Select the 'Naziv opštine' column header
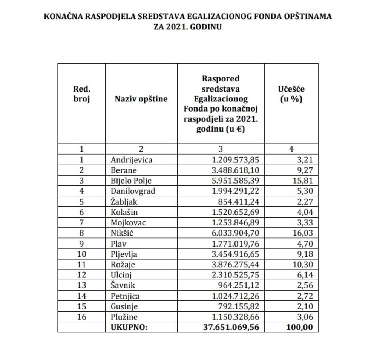point(141,99)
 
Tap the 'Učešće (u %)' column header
point(291,94)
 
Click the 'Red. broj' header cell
point(81,94)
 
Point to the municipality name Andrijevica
point(132,160)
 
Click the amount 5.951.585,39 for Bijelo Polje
point(236,181)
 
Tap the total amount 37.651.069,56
point(231,327)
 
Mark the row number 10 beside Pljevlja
point(81,254)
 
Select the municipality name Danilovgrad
point(133,191)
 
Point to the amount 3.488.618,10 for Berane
point(236,170)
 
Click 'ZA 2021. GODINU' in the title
point(188,27)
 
